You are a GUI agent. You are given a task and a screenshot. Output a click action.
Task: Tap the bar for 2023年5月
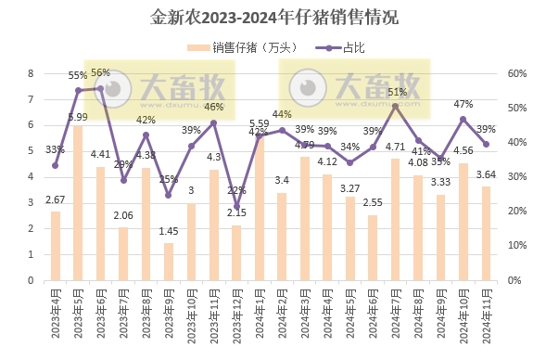(78, 203)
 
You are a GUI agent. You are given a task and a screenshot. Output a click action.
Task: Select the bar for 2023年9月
(169, 262)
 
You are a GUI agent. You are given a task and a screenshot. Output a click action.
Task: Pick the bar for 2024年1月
(259, 208)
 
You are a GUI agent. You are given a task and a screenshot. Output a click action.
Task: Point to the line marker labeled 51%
(396, 106)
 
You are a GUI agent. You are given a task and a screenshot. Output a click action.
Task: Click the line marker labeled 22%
(236, 206)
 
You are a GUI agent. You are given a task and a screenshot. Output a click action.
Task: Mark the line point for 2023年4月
(56, 166)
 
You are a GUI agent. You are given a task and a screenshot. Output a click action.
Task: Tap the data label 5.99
(78, 117)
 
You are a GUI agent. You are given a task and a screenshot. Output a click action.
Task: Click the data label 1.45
(169, 230)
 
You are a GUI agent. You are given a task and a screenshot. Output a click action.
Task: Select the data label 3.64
(486, 174)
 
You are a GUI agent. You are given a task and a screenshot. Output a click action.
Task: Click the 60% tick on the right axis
(516, 73)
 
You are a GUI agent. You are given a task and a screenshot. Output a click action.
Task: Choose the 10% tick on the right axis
(516, 246)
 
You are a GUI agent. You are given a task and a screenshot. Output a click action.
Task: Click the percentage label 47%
(463, 104)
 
